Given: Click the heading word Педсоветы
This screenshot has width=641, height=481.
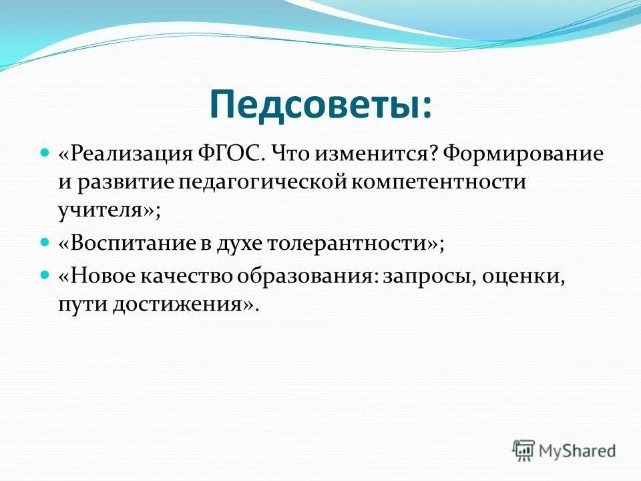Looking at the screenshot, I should coord(320,104).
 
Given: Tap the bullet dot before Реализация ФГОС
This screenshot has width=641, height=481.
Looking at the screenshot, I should coord(46,154).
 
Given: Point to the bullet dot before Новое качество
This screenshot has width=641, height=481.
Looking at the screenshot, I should coord(46,275).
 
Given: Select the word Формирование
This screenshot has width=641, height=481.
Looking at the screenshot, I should coord(524,155).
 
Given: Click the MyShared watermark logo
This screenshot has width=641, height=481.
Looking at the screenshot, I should coord(564,450).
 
